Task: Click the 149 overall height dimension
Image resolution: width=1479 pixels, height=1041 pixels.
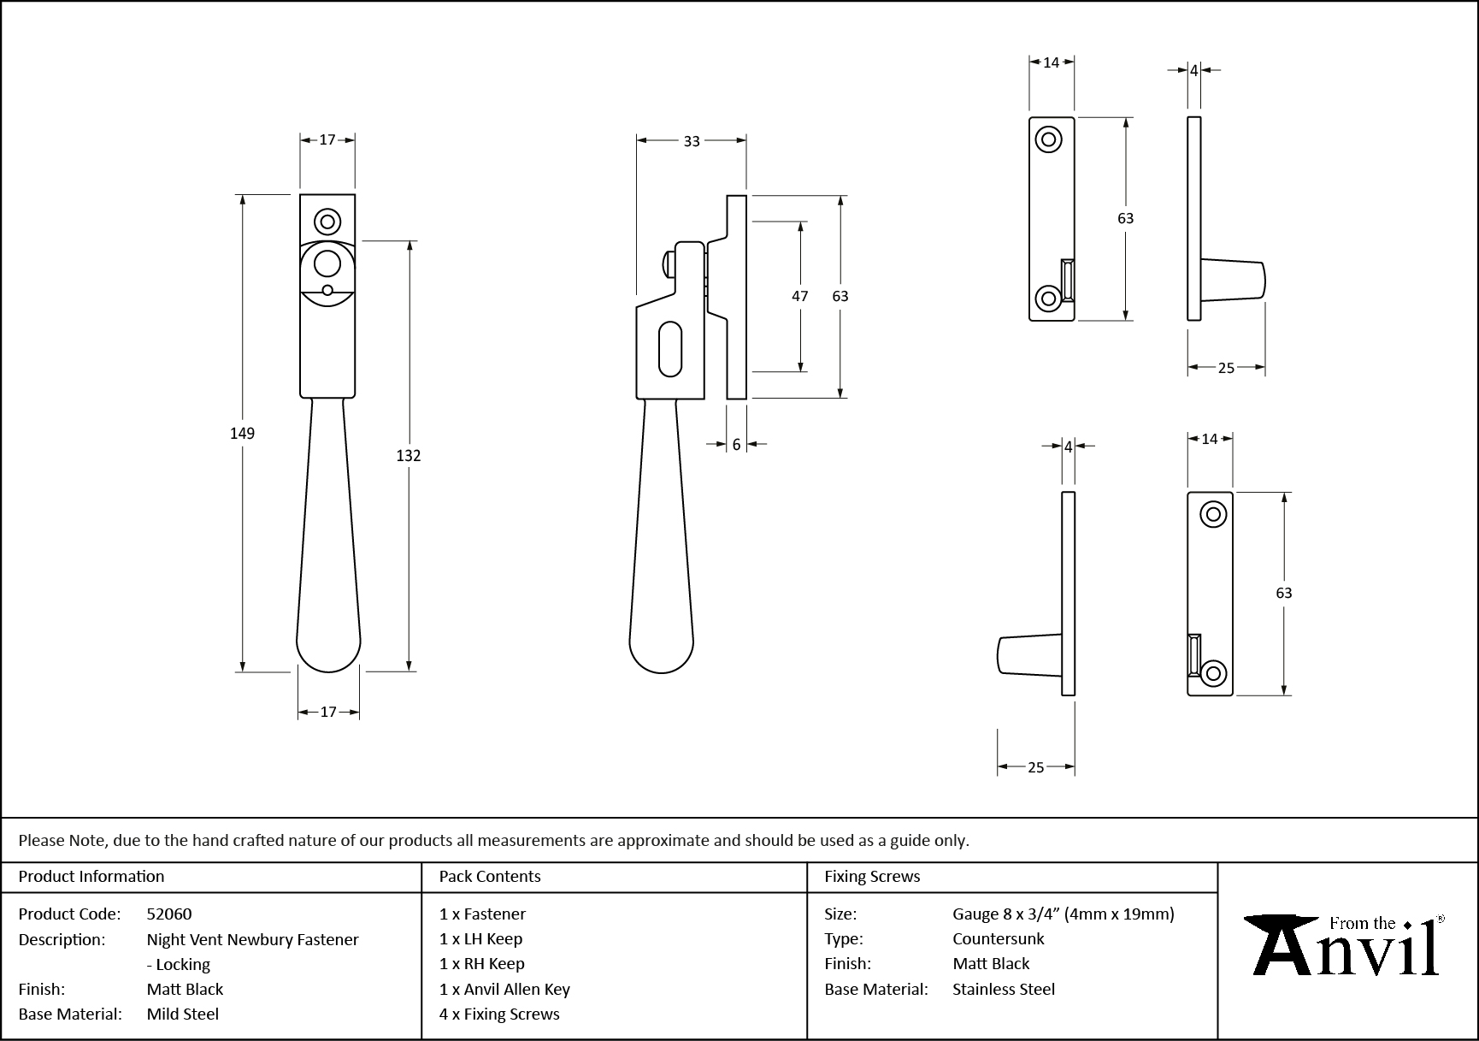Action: coord(242,434)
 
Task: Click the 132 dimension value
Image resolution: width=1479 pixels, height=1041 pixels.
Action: coord(409,456)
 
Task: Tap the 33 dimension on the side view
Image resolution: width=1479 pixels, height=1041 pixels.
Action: coord(692,141)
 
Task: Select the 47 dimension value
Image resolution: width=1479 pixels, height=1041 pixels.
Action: coord(799,296)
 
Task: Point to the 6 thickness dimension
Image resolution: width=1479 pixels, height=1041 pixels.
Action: coord(736,445)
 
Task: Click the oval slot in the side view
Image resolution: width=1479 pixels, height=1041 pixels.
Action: coord(671,348)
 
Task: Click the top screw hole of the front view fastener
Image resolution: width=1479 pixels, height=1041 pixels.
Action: coord(327,222)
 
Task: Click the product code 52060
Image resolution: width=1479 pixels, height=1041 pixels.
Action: coord(169,914)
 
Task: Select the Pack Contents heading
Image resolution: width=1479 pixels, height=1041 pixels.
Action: coord(490,876)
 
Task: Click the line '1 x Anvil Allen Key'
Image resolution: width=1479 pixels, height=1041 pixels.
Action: coord(504,989)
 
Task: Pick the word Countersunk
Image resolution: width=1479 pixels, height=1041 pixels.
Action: coord(999,938)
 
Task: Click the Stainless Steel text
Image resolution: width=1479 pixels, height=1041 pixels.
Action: coord(1004,989)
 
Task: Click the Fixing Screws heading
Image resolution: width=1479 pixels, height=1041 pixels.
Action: coord(872,876)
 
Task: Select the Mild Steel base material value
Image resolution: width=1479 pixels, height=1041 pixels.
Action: coord(183,1014)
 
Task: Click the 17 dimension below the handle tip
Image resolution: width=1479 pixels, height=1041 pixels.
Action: coord(328,712)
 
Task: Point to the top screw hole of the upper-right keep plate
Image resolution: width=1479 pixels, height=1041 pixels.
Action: coord(1049,139)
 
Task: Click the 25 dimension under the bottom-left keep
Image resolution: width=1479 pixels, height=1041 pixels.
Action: coord(1035,767)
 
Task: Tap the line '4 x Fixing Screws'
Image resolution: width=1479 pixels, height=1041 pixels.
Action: coord(499,1014)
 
